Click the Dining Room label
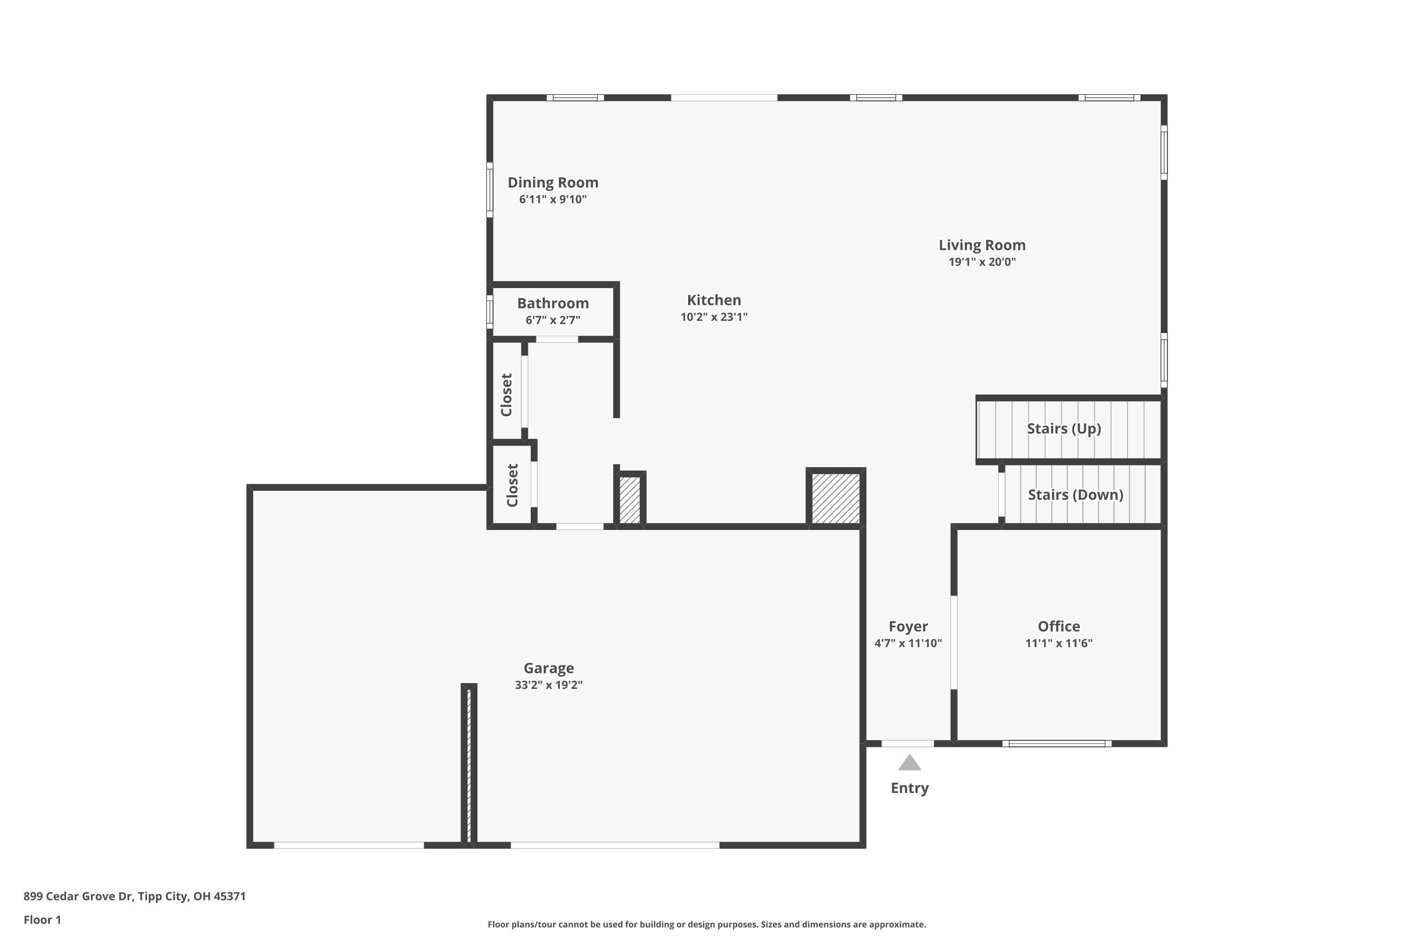[552, 182]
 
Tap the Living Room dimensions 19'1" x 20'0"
[982, 262]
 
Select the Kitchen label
[714, 299]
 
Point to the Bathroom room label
[552, 303]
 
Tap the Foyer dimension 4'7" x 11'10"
[908, 643]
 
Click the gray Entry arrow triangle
[909, 763]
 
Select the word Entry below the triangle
[909, 788]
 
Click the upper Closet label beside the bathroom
[506, 395]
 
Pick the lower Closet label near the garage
[512, 485]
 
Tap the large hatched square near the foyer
[835, 498]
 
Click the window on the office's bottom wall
[1056, 744]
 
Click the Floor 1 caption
[42, 919]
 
